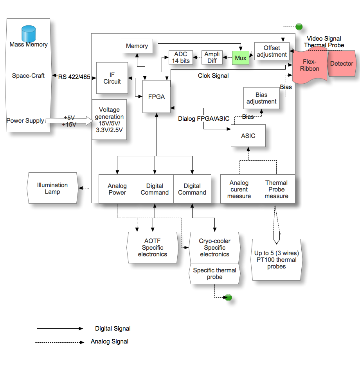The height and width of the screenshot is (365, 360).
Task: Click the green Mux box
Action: point(241,58)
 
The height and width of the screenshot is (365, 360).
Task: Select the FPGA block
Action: point(157,97)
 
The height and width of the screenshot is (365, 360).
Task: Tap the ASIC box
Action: point(248,136)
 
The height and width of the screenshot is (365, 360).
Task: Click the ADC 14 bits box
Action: point(181,57)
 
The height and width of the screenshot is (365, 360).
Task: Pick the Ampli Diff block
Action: point(212,57)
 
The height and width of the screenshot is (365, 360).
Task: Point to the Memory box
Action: point(137,46)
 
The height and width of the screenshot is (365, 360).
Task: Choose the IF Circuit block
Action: point(112,78)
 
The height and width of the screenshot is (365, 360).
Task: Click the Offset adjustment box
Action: point(272,51)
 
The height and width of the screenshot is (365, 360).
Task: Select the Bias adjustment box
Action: point(261,98)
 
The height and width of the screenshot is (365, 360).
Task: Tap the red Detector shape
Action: point(342,64)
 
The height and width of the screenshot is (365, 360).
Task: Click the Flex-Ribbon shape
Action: point(310,65)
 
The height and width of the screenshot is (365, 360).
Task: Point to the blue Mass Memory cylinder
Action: point(28,34)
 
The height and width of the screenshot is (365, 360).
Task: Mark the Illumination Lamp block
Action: point(52,188)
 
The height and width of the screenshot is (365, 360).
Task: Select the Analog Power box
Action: point(117,189)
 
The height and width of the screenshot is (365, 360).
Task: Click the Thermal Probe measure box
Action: point(276,189)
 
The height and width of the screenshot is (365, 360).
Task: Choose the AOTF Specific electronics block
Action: point(152,248)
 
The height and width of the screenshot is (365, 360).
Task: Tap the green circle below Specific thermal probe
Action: point(229,298)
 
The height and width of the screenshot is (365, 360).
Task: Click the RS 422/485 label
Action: point(74,77)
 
